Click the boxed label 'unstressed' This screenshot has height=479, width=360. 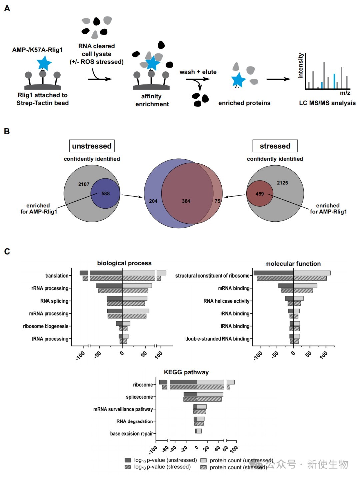(x=92, y=146)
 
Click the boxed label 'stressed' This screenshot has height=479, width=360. (x=275, y=146)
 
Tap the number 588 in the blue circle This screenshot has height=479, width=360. (x=106, y=194)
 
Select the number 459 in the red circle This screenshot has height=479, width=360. (x=260, y=194)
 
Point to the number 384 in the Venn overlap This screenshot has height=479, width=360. (x=186, y=201)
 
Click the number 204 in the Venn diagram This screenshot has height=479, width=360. (x=153, y=201)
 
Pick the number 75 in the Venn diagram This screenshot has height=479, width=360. (x=217, y=201)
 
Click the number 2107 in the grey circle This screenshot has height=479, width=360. (x=84, y=184)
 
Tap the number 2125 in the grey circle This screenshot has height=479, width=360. (x=282, y=183)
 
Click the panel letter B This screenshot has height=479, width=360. (x=7, y=131)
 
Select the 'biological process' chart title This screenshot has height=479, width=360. (x=124, y=263)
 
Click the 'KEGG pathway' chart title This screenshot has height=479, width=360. (x=186, y=372)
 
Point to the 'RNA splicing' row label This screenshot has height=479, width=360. (x=54, y=301)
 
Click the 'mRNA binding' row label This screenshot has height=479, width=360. (x=234, y=288)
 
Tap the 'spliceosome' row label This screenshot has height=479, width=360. (x=139, y=397)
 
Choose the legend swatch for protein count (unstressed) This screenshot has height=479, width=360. (x=203, y=460)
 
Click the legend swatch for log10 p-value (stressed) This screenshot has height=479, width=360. (x=128, y=467)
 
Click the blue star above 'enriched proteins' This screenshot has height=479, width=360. (x=238, y=80)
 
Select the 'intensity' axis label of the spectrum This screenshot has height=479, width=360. (x=300, y=66)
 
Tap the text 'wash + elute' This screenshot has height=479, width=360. (x=198, y=72)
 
